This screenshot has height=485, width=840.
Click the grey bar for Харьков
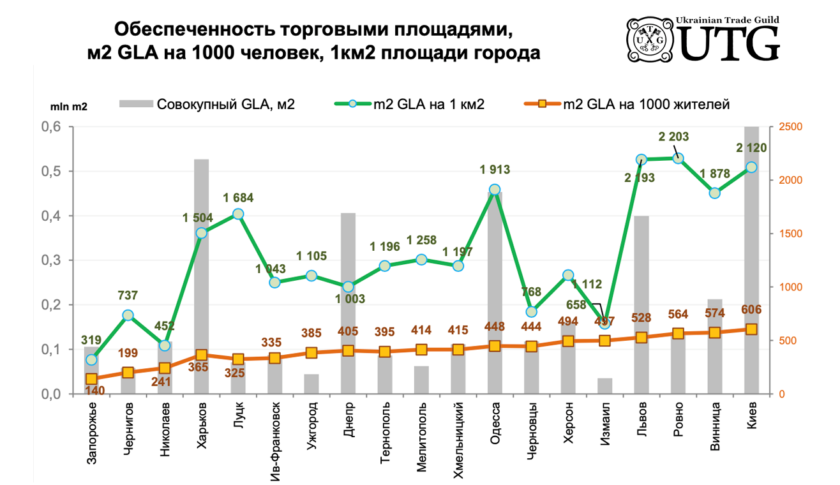coord(201,274)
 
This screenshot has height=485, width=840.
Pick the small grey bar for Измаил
coord(604,386)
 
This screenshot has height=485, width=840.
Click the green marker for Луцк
coord(238,214)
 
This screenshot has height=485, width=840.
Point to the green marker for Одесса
coord(495,190)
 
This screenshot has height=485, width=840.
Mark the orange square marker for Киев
coord(751,329)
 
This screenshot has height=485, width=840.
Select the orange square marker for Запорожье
coord(91,379)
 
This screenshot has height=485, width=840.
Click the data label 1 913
coord(495,170)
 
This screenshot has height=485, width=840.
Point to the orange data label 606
coord(751,311)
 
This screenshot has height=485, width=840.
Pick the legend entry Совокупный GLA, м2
coord(208,105)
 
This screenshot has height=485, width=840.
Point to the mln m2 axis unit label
coord(69,107)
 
